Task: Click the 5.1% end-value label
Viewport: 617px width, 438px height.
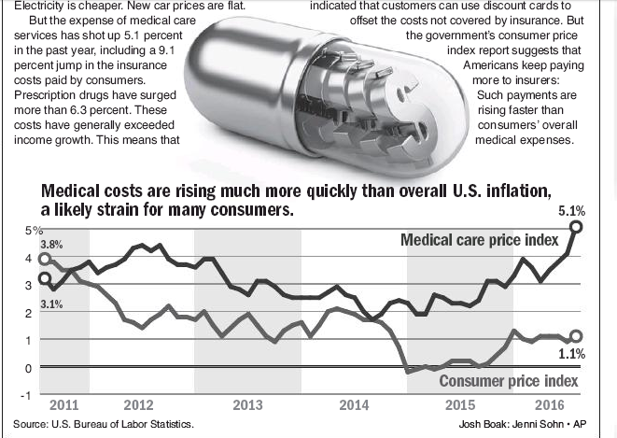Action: [570, 211]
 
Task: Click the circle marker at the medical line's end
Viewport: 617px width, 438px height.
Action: [577, 227]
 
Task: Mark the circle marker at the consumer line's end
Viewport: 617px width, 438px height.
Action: [576, 336]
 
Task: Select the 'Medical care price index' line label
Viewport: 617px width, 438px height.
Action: [480, 241]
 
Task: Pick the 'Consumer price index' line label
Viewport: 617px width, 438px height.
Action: [509, 381]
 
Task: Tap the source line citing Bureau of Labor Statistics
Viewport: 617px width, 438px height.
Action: [104, 424]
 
